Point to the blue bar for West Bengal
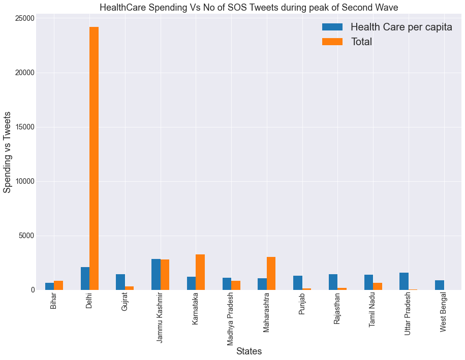439,285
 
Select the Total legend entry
361,42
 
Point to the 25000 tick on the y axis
24,18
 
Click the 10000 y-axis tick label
24,181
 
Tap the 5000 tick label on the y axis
26,236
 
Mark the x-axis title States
249,351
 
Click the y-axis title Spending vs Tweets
8,152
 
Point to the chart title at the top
249,7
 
